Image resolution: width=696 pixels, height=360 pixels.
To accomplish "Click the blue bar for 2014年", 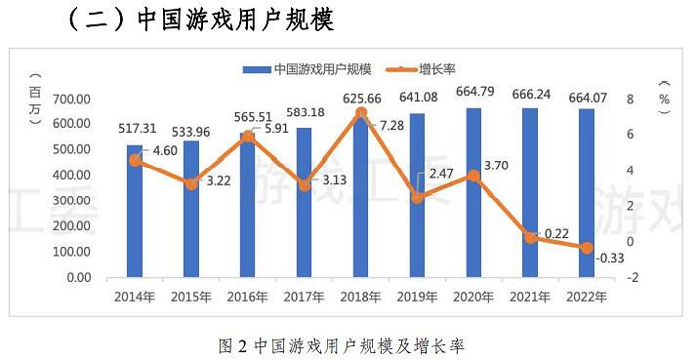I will tap(135, 212).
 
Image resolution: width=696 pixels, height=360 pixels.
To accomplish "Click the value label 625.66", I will tap(361, 100).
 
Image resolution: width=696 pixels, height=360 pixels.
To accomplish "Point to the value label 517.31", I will tap(135, 128).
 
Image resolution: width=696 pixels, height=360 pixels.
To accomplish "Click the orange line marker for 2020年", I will tap(473, 176).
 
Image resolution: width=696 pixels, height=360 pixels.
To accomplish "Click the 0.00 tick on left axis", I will tap(78, 277).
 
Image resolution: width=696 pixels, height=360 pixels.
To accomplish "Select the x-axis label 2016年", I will tap(248, 296).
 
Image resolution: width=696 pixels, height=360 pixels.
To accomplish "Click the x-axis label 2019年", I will tap(417, 296).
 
